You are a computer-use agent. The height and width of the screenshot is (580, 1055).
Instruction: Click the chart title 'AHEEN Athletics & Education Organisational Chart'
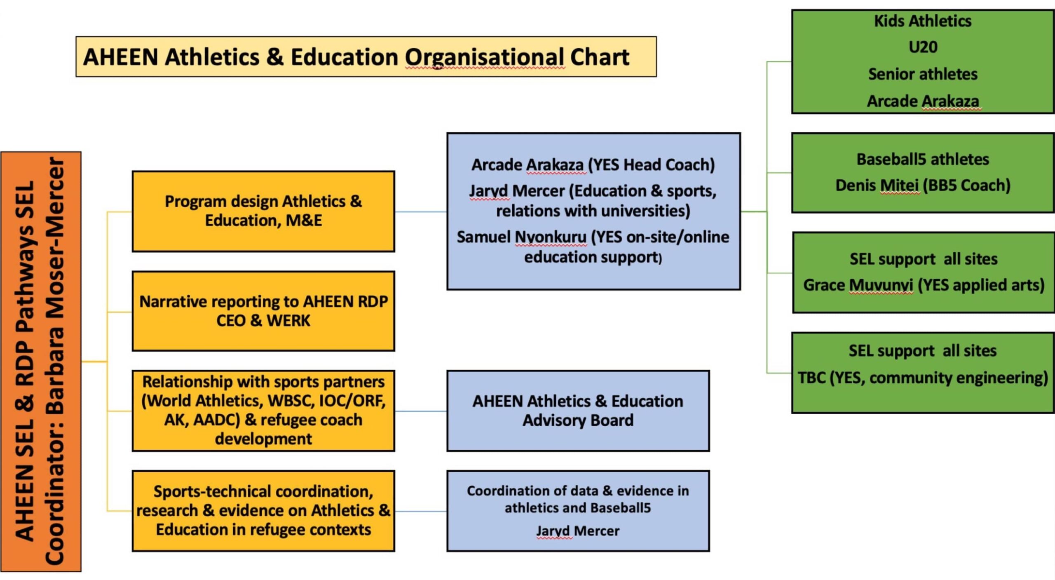tap(356, 57)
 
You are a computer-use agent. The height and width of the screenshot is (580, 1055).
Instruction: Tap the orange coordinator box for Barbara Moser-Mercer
tap(41, 362)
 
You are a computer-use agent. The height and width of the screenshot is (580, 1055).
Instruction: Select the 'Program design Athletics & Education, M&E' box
tap(263, 211)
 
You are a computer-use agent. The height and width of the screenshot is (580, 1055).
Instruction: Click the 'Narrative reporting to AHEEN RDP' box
tap(263, 311)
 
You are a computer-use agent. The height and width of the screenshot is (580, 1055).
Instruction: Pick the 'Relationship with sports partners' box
tap(263, 411)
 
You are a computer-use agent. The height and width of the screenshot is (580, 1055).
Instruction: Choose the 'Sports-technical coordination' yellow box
tap(263, 511)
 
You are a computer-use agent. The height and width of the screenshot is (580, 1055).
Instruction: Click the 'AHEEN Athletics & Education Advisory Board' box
tap(578, 411)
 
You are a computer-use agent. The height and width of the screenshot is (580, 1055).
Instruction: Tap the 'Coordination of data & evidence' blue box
tap(578, 511)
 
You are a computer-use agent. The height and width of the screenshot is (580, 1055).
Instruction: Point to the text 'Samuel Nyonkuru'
tap(521, 237)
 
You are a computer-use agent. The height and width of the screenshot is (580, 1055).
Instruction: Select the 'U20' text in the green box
tap(923, 47)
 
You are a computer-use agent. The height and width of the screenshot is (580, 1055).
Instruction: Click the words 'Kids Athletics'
tap(923, 21)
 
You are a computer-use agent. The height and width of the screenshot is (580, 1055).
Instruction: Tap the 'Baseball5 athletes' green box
tap(923, 173)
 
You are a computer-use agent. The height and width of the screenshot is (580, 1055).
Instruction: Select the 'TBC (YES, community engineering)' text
tap(923, 378)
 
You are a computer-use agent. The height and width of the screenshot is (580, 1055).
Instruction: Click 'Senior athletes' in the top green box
tap(923, 74)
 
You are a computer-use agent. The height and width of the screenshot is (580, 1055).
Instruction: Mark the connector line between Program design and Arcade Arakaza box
tap(421, 212)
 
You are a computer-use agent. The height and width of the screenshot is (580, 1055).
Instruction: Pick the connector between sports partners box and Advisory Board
tap(421, 411)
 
